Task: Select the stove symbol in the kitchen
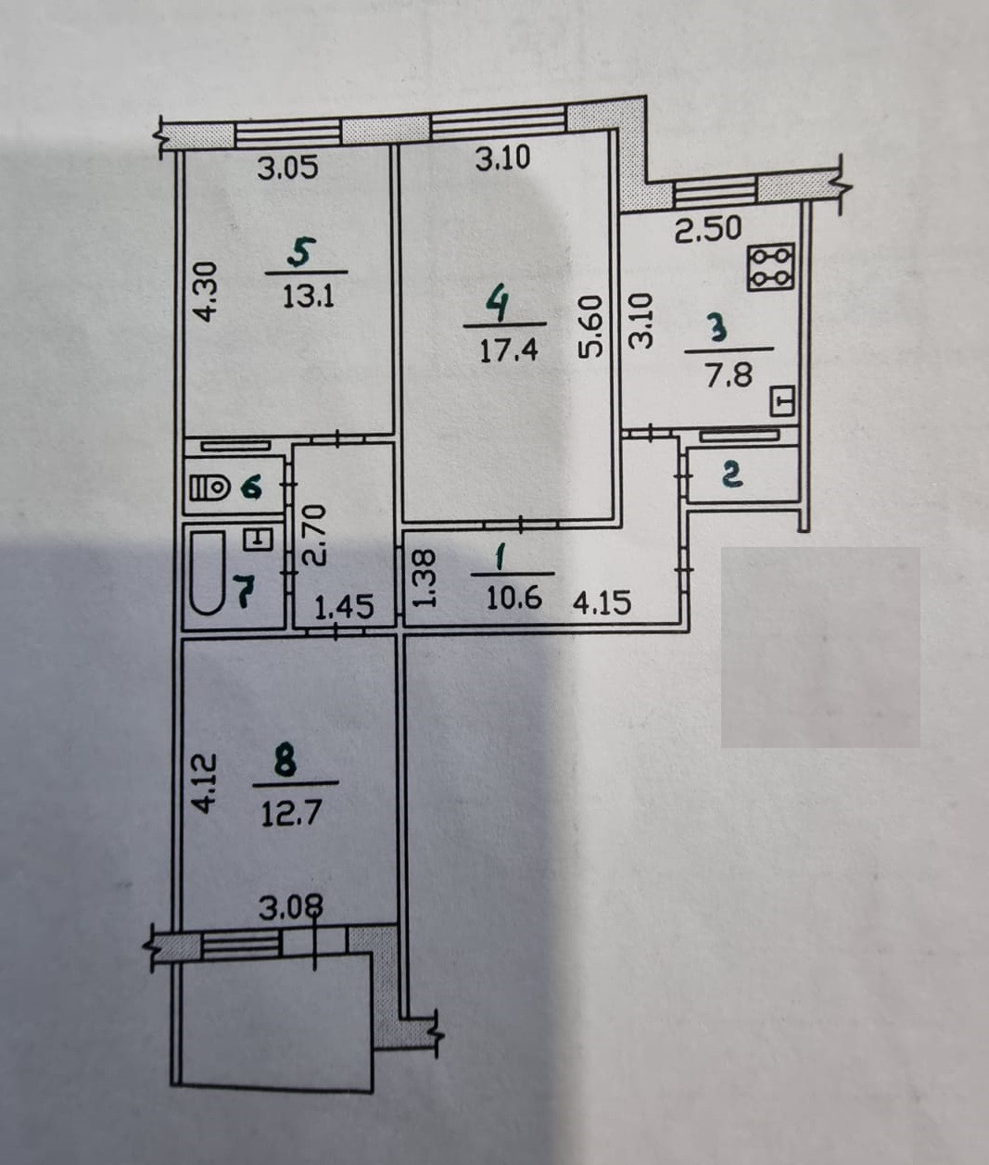pos(771,266)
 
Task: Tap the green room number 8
pos(285,763)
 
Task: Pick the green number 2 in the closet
pos(731,475)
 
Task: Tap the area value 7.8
pos(729,375)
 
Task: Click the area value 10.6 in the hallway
pos(514,598)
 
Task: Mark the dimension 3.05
pos(287,169)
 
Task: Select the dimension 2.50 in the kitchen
pos(708,229)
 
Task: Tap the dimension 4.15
pos(602,603)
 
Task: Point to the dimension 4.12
pos(205,784)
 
